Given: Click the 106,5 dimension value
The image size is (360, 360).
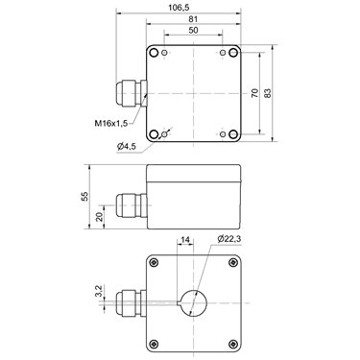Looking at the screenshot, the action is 179,8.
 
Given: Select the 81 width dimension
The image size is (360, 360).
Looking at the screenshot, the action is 193,19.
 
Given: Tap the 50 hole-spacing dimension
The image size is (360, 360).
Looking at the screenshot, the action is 193,31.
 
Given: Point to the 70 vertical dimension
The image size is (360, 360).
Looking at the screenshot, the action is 254,93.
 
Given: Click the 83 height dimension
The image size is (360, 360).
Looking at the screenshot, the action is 268,93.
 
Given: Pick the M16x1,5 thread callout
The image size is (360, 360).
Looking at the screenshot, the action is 111,123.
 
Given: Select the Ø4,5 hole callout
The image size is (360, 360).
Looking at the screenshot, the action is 127,147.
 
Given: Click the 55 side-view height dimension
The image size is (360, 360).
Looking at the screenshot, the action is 84,197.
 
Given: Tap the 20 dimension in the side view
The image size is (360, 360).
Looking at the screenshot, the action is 100,217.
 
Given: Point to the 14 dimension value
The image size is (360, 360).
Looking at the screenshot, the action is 185,240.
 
